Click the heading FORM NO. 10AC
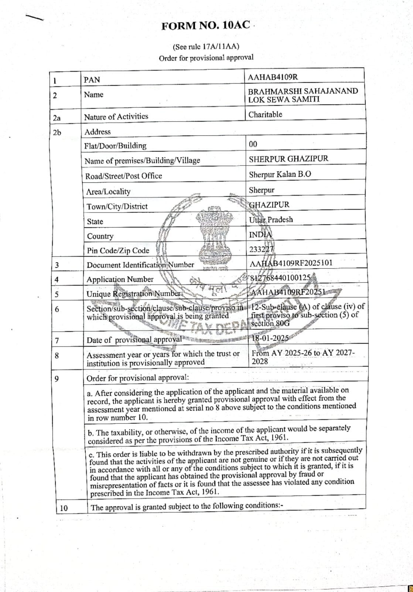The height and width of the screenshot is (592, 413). point(206,26)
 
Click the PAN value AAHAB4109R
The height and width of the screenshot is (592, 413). point(273,77)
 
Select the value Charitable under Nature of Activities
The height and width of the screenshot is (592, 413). point(265,115)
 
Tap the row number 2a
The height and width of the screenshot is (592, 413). point(57,118)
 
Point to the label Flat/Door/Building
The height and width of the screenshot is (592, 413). point(115,146)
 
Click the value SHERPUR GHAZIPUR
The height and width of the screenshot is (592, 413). point(289,159)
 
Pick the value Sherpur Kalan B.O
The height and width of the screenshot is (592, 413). point(280,175)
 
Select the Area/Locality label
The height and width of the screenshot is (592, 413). point(108,192)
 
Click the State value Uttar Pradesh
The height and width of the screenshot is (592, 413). point(271,220)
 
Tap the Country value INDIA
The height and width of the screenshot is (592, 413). point(260,235)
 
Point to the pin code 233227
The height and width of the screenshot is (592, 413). point(262,249)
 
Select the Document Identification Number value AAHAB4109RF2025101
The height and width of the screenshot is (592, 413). point(291,263)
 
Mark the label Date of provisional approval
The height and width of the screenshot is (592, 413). point(134,340)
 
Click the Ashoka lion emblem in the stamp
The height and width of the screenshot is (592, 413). point(212,237)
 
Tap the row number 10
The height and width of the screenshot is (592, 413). point(64,508)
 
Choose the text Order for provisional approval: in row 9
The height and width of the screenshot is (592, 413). point(138,378)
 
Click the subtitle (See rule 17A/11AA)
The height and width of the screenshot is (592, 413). point(206,47)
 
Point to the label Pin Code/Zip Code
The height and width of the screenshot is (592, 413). point(118,250)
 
